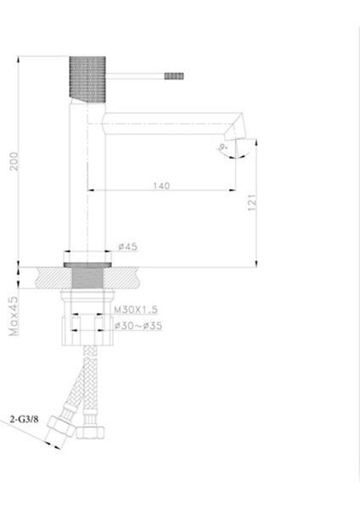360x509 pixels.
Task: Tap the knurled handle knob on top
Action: tap(85, 78)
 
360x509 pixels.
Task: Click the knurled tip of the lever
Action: tap(173, 77)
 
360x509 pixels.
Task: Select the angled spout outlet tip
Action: tap(234, 129)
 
